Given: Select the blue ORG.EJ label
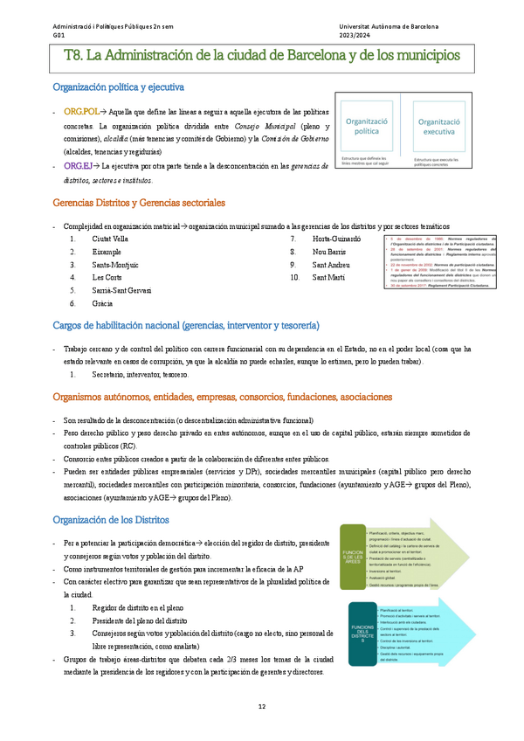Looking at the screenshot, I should pyautogui.click(x=78, y=165).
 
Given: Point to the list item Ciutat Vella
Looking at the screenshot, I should pyautogui.click(x=110, y=239).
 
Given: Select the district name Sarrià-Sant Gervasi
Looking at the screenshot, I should pyautogui.click(x=121, y=290).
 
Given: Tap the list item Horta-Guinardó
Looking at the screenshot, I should pyautogui.click(x=335, y=239).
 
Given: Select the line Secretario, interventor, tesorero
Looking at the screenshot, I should pyautogui.click(x=140, y=374).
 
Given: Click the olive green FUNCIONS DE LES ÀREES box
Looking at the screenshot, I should pyautogui.click(x=353, y=557).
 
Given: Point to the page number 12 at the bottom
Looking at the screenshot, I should pyautogui.click(x=261, y=706).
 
